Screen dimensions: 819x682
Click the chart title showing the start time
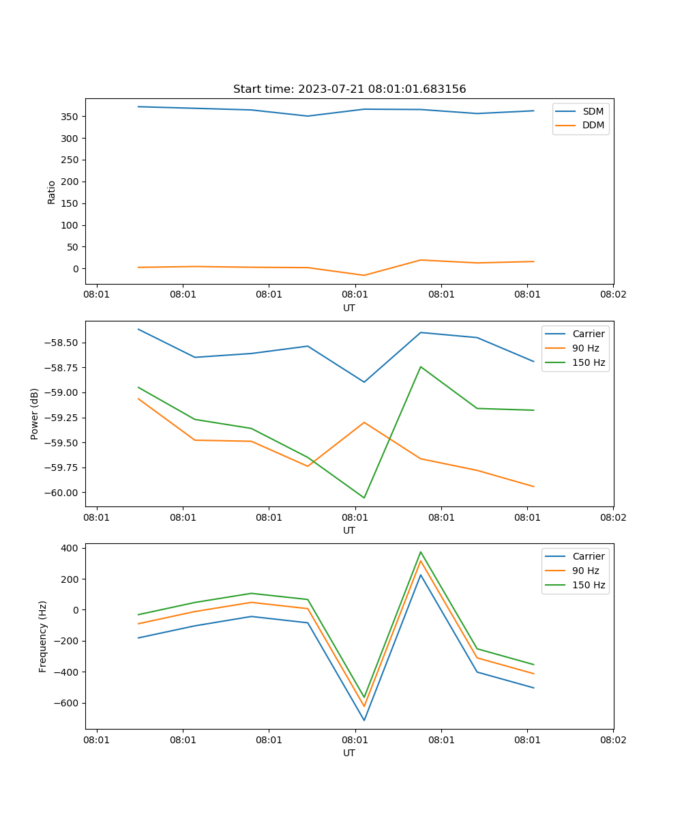point(349,89)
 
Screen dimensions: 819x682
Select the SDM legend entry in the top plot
point(593,111)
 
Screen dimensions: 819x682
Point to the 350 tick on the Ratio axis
point(71,117)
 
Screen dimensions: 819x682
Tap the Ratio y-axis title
point(52,192)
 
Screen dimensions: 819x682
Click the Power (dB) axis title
point(35,414)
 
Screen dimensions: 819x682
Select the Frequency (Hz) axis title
point(43,636)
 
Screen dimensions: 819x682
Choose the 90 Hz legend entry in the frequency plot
point(586,571)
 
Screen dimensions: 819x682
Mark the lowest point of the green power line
point(364,498)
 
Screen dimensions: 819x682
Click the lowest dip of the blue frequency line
point(364,720)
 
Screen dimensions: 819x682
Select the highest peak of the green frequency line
point(421,552)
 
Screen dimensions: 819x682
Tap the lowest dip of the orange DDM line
point(364,275)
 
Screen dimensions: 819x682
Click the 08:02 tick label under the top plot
point(613,295)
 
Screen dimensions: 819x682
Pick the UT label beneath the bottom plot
point(349,753)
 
